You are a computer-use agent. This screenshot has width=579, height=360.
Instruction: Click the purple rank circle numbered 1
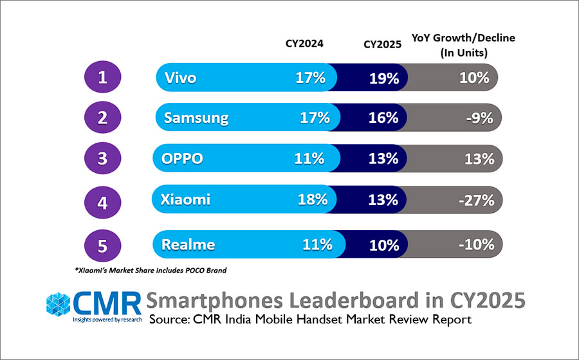coord(103,78)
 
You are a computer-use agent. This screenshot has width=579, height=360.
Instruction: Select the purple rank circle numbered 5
coord(103,244)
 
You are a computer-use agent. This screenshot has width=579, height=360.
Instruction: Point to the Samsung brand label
coord(196,118)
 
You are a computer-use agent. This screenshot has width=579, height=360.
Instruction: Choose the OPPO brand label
coord(183,159)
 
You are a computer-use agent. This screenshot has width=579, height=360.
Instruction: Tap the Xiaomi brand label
coord(187,199)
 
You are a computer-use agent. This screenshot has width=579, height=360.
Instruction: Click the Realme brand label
coord(188,245)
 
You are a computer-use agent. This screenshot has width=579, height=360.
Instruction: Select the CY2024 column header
coord(304,44)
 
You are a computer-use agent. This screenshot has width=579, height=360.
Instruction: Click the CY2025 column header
coord(382,44)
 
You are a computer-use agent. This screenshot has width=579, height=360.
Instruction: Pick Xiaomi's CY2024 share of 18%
coord(312,199)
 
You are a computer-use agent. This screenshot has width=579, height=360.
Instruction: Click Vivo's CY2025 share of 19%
coord(384,78)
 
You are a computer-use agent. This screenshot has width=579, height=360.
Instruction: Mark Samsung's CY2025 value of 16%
coord(384,118)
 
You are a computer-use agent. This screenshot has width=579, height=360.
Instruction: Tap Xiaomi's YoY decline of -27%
coord(477,199)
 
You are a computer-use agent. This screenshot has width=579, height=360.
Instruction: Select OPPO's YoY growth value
coord(479,159)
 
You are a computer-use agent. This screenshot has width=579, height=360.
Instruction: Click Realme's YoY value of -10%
coord(477,245)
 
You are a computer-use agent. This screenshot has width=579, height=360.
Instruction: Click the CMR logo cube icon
coord(58,304)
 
